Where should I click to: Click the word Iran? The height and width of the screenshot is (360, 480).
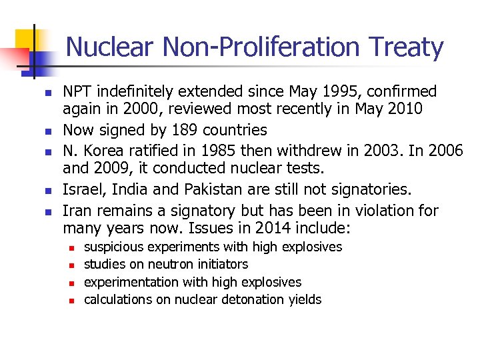tap(77, 211)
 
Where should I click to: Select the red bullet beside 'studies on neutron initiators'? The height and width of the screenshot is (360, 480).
tap(74, 265)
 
